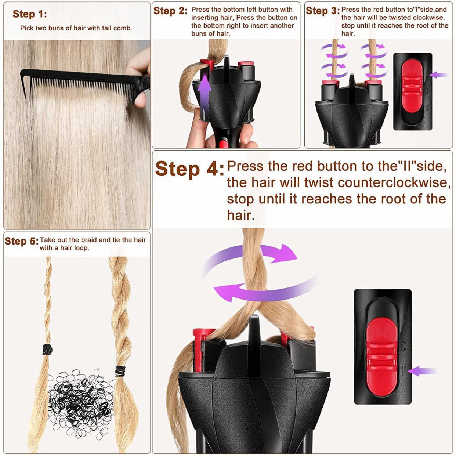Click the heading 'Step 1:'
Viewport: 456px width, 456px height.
click(x=30, y=14)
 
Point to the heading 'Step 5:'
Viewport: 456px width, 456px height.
click(x=21, y=241)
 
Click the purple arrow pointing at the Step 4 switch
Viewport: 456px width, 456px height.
click(x=422, y=371)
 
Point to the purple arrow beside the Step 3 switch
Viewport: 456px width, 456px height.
click(x=439, y=75)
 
